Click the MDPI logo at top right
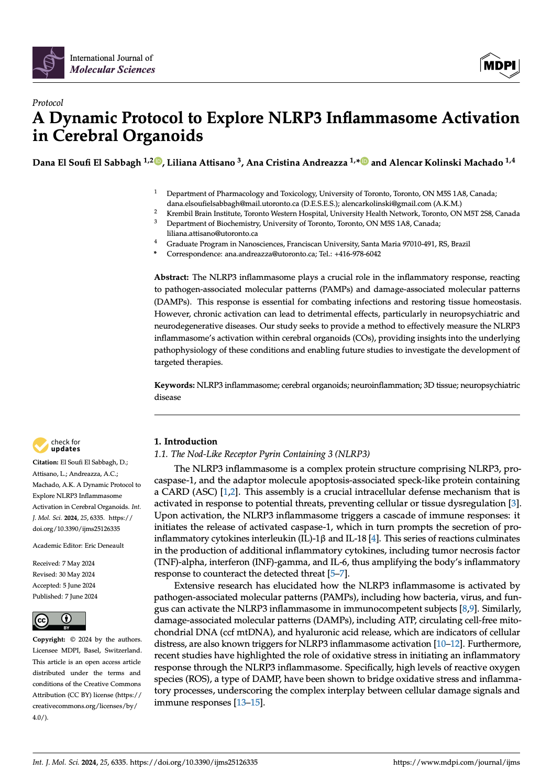pos(499,65)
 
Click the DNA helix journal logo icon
pos(48,62)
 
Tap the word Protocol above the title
pos(48,103)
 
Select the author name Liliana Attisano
pos(201,162)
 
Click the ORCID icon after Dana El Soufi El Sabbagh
pos(158,161)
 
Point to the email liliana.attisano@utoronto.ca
pos(212,233)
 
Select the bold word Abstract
pos(171,277)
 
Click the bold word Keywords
pos(174,385)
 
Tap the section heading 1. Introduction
pos(185,441)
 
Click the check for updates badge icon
pos(40,445)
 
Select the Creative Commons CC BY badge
pos(59,621)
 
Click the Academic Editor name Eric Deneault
pos(104,546)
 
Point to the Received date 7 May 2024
pos(78,563)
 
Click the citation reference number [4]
pos(373,539)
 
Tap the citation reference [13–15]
pos(249,702)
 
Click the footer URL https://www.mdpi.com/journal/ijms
pos(456,762)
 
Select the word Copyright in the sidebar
pos(49,639)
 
